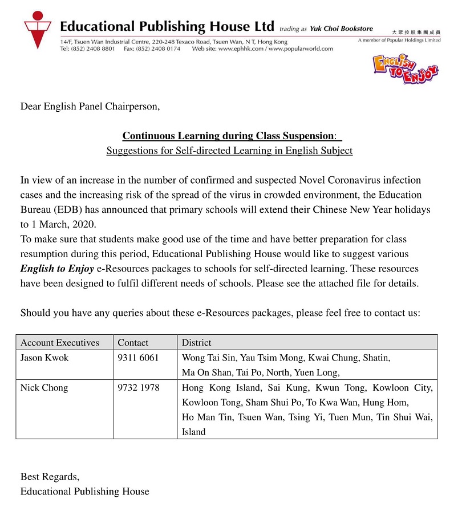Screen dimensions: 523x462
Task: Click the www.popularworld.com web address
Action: (301, 49)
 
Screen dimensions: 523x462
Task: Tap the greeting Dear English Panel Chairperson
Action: (90, 106)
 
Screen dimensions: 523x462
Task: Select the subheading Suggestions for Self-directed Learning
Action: (229, 151)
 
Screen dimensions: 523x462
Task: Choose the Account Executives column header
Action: (60, 343)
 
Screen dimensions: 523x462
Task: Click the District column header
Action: (196, 343)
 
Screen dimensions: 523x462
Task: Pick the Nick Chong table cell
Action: (44, 388)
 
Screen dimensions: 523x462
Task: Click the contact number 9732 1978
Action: (139, 388)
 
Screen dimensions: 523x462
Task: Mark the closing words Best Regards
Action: (50, 476)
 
